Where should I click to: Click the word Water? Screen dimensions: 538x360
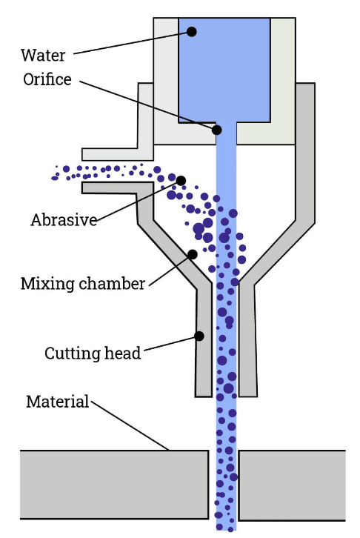tap(43, 56)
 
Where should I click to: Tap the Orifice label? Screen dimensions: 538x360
tap(47, 79)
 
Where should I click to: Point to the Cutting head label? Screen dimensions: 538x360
tap(93, 353)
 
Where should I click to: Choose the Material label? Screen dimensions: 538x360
tap(57, 402)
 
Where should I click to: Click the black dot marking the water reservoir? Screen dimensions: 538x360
tap(192, 32)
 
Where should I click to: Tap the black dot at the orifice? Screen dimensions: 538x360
tap(217, 130)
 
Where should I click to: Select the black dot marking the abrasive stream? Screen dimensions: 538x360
tap(181, 180)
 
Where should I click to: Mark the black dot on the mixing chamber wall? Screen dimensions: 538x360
tap(192, 254)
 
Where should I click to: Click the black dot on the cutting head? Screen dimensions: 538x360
tap(199, 336)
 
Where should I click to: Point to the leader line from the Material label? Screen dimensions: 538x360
tap(130, 425)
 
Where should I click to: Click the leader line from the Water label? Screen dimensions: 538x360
tap(133, 42)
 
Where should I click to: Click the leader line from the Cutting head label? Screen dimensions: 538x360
tap(170, 345)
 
